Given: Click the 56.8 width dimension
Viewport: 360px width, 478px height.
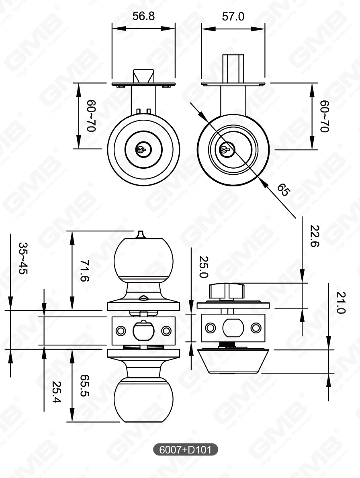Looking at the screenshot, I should click(143, 16).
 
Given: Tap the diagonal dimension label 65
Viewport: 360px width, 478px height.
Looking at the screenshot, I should click(283, 190).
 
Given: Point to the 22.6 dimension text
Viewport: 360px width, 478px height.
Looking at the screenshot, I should click(315, 237).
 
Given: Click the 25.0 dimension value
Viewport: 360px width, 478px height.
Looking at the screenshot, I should click(203, 267).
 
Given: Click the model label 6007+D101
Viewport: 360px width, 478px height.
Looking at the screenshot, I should click(186, 449).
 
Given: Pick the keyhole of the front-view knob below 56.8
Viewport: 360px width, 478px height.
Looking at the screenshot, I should click(141, 149).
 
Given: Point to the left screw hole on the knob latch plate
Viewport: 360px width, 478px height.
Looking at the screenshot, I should click(120, 331).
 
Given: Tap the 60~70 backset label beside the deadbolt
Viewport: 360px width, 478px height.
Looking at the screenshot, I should click(325, 116).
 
